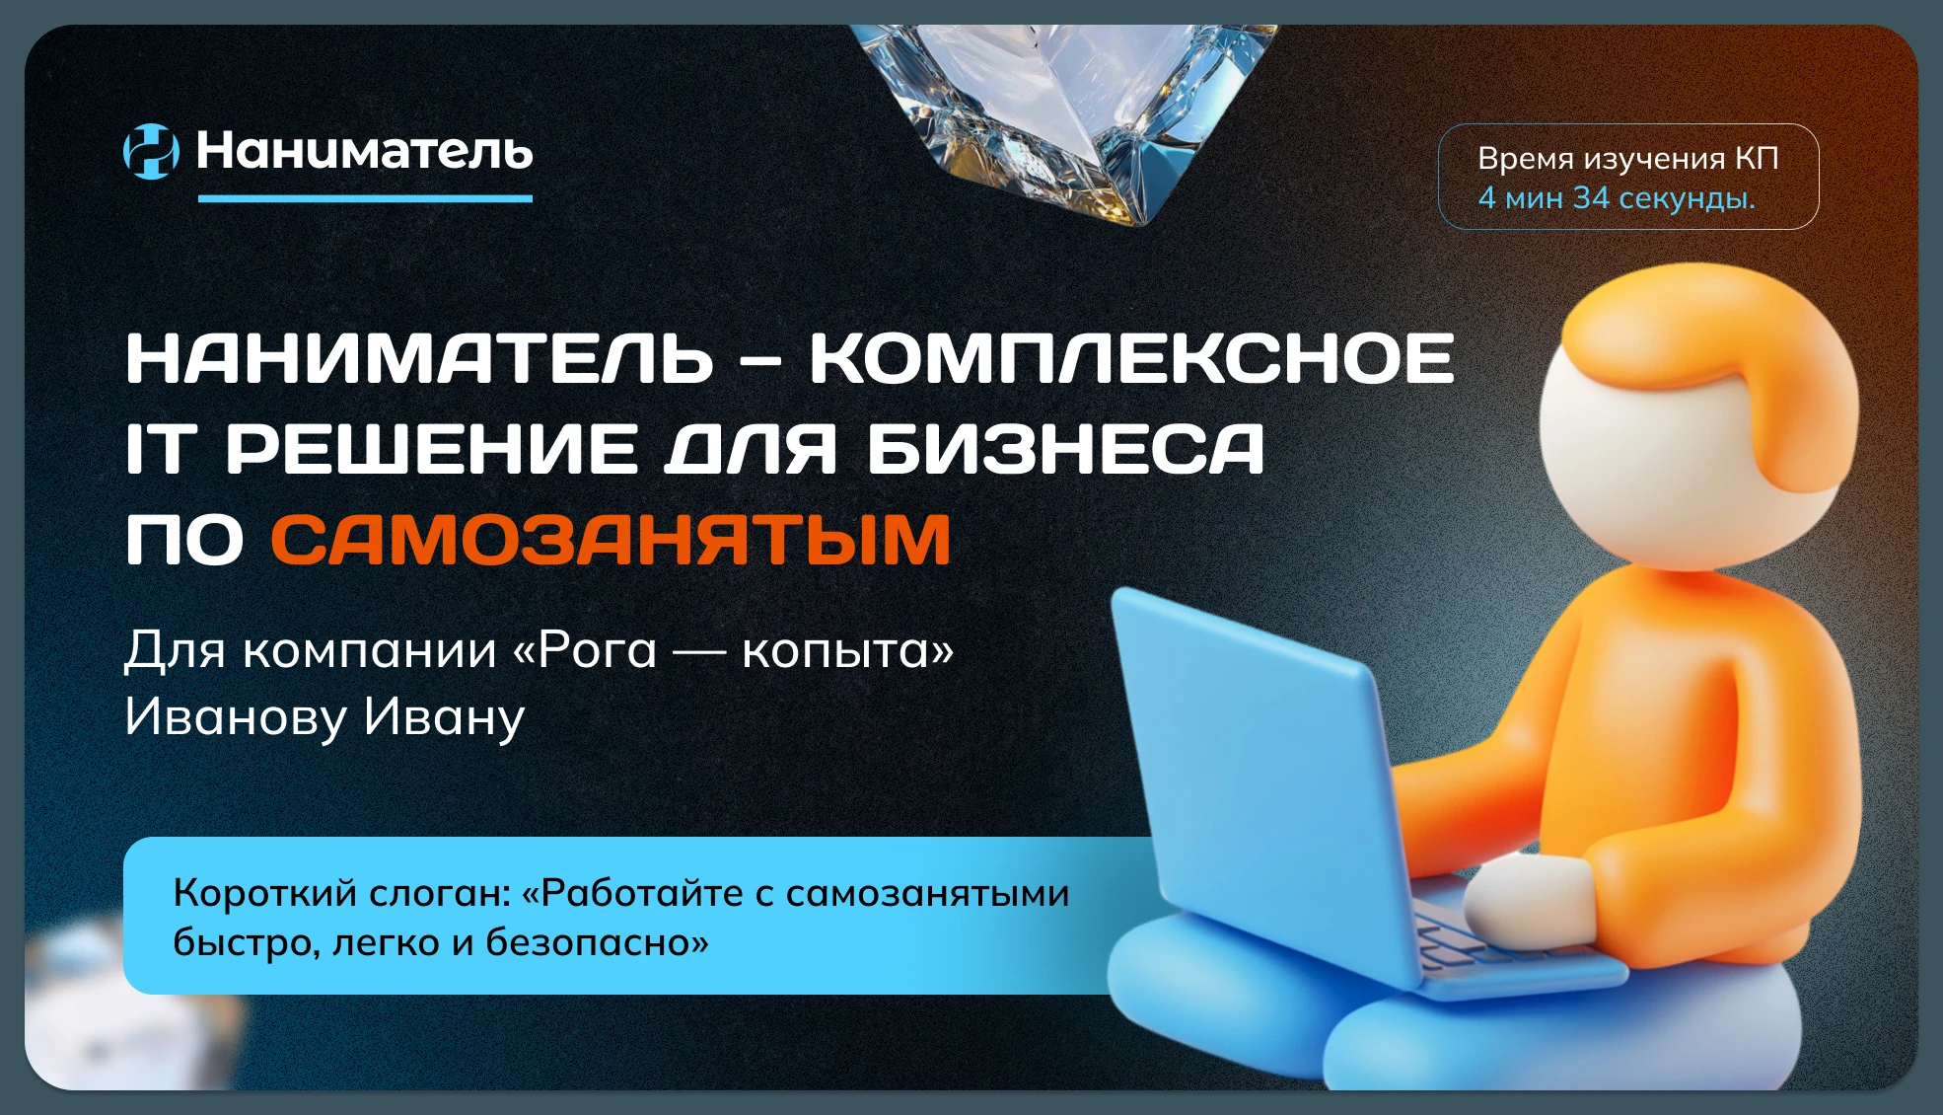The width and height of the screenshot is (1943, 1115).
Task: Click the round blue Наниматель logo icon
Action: coord(151,151)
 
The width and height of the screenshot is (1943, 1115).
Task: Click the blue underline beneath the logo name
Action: coord(365,198)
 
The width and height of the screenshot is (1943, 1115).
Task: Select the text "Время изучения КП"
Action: coord(1627,158)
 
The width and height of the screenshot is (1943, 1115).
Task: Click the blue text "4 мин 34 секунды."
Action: coord(1617,198)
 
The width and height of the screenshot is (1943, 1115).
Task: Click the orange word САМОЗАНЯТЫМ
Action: coord(612,539)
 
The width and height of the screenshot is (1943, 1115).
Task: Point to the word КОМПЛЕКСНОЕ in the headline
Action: coord(1132,357)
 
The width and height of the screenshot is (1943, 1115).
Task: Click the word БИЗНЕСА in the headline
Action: coord(1065,448)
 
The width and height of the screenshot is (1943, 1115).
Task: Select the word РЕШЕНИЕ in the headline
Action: coord(432,448)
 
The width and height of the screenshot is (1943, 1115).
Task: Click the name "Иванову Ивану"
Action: coord(324,717)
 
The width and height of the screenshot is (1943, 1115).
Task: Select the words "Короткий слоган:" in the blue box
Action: coord(341,893)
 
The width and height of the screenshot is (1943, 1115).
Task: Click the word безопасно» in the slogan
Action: coord(598,943)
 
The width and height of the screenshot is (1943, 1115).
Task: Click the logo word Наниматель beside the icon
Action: coord(365,151)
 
